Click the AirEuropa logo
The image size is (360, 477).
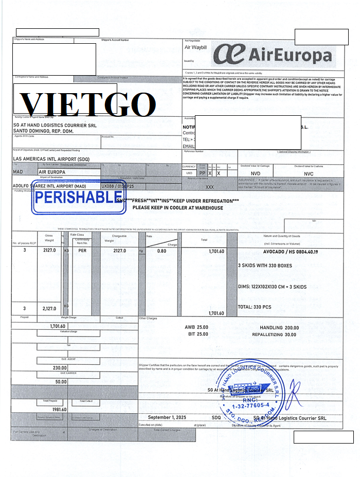click(273, 54)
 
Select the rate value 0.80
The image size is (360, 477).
click(161, 251)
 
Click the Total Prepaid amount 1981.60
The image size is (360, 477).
click(57, 410)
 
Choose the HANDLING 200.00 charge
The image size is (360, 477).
click(278, 328)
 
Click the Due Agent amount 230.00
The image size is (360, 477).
click(60, 368)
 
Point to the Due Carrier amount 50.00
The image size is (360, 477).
click(61, 382)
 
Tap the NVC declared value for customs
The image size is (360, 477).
click(309, 174)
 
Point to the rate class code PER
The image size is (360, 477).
click(82, 251)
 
